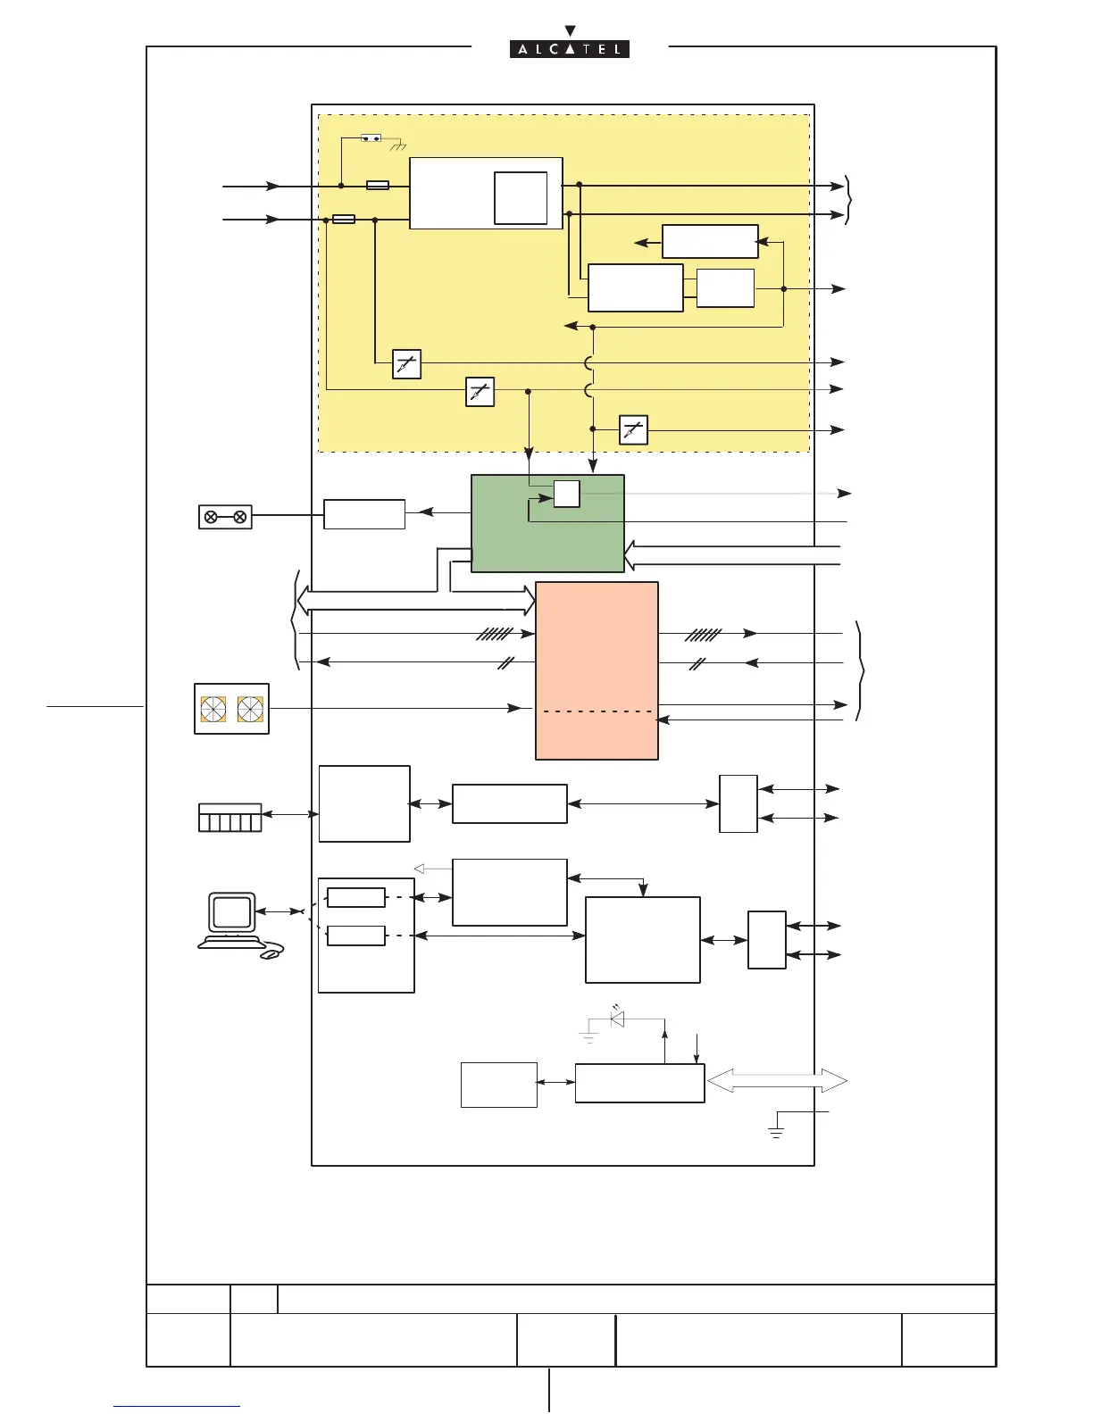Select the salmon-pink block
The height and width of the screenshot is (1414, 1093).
pyautogui.click(x=597, y=670)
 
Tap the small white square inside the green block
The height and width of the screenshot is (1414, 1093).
pyautogui.click(x=566, y=494)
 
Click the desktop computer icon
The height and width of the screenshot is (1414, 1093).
pyautogui.click(x=231, y=919)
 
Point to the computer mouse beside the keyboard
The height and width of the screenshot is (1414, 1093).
pyautogui.click(x=272, y=953)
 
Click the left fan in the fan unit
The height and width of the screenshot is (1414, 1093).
pyautogui.click(x=213, y=710)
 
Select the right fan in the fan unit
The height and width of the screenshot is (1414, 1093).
pyautogui.click(x=250, y=710)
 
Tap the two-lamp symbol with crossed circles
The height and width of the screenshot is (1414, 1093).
pyautogui.click(x=225, y=518)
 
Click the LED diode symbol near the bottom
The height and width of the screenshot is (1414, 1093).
pyautogui.click(x=617, y=1019)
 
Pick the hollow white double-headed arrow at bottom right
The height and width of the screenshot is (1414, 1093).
pyautogui.click(x=777, y=1081)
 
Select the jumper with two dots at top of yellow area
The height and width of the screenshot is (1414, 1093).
pyautogui.click(x=371, y=138)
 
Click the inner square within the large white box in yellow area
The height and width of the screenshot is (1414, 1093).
pyautogui.click(x=521, y=198)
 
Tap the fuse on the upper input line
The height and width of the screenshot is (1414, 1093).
pyautogui.click(x=378, y=186)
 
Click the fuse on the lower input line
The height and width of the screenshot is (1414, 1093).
pyautogui.click(x=344, y=220)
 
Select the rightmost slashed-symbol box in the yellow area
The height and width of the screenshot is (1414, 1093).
pyautogui.click(x=633, y=430)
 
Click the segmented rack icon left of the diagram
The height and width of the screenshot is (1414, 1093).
pyautogui.click(x=229, y=818)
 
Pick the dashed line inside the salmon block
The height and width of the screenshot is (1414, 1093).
pyautogui.click(x=597, y=711)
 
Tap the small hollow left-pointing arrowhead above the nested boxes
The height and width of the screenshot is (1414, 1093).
pyautogui.click(x=419, y=869)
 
